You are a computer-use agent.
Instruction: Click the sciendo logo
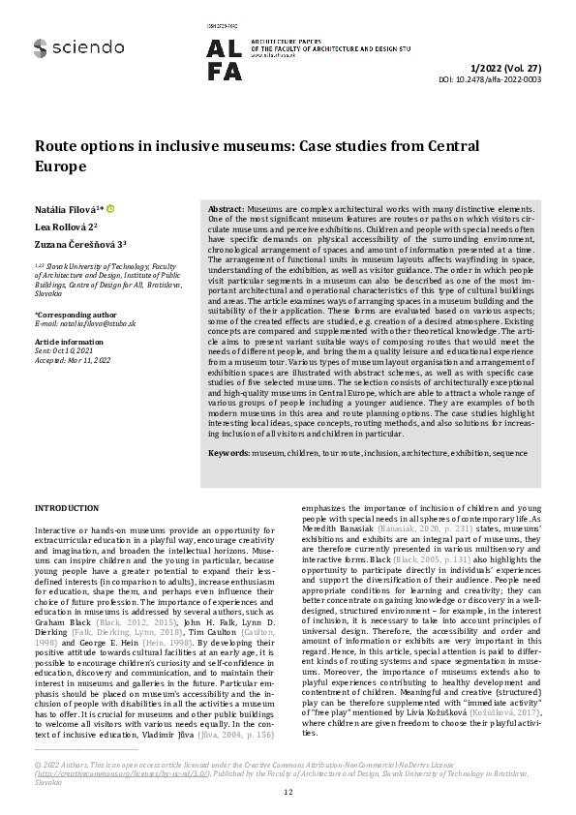pyautogui.click(x=77, y=46)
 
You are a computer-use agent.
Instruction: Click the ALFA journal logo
pyautogui.click(x=226, y=59)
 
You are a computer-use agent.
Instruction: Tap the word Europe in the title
pyautogui.click(x=61, y=166)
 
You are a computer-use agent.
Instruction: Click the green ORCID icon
pyautogui.click(x=109, y=208)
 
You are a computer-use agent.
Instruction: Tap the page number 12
pyautogui.click(x=288, y=792)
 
